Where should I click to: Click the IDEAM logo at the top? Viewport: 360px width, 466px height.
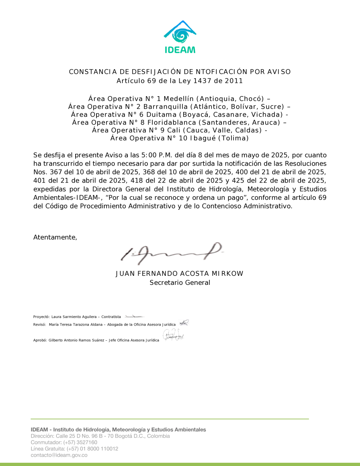[x=180, y=37]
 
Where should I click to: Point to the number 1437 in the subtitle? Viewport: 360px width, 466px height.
[x=202, y=81]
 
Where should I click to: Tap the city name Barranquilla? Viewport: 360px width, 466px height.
[x=166, y=107]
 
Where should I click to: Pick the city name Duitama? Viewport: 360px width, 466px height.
[x=162, y=115]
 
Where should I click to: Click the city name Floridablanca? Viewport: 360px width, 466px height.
[x=172, y=122]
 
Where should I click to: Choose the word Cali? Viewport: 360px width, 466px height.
[x=174, y=130]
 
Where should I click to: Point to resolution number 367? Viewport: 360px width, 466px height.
[x=56, y=172]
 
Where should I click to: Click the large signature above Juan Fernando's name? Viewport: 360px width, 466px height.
[x=171, y=252]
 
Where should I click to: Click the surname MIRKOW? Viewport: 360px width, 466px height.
[x=228, y=274]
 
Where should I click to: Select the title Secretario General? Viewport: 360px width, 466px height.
[x=180, y=283]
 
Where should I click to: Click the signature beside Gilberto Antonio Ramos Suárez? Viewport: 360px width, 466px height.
[x=174, y=336]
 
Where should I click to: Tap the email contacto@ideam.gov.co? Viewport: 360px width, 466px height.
[x=59, y=455]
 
